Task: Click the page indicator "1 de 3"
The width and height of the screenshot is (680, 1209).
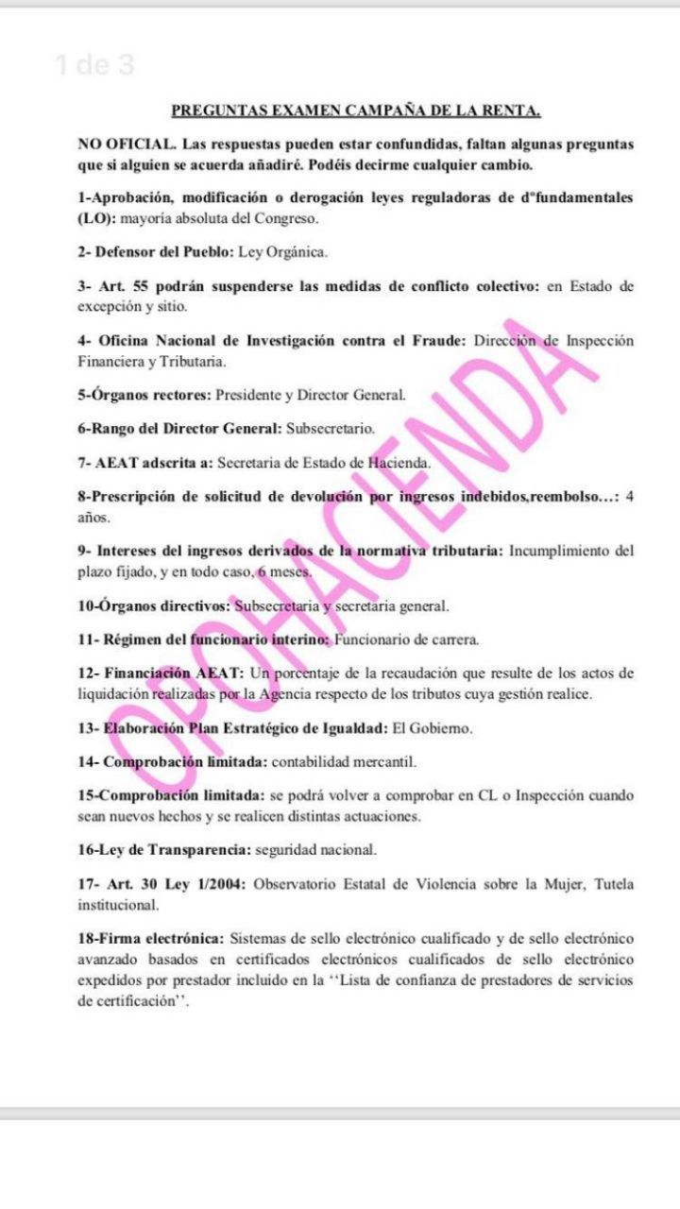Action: (94, 65)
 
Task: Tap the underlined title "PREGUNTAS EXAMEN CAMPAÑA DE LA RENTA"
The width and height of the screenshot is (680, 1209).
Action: (356, 111)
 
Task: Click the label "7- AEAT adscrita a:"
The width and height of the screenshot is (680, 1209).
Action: (145, 462)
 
